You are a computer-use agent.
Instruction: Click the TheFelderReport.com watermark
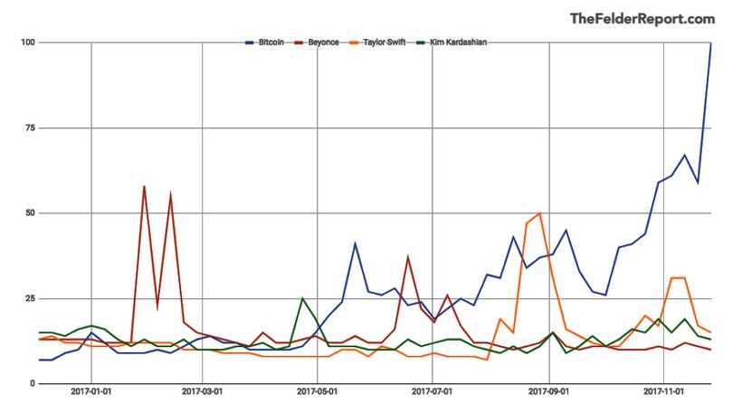[642, 18]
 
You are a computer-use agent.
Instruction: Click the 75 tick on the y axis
[29, 128]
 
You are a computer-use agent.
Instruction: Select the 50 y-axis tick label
[29, 213]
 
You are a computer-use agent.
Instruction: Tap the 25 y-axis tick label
[29, 298]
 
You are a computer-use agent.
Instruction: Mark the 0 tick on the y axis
[32, 383]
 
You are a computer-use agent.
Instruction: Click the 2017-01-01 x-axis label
[90, 393]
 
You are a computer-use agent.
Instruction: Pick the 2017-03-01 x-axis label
[203, 393]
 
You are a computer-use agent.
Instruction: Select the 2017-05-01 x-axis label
[318, 393]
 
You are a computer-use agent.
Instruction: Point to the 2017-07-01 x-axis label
[433, 393]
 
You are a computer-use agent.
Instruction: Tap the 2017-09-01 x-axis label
[548, 393]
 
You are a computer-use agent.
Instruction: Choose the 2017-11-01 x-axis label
[663, 393]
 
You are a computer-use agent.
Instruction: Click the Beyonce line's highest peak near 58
[144, 187]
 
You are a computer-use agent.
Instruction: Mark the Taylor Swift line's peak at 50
[539, 214]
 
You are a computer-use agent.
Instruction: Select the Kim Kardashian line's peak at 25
[302, 299]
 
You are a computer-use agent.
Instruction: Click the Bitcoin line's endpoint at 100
[710, 43]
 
